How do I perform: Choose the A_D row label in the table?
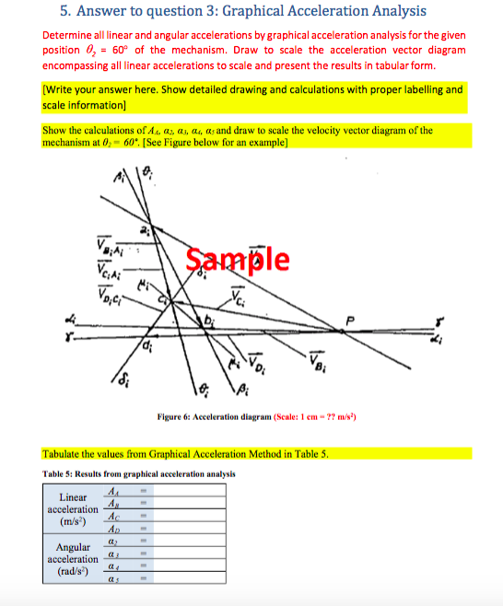click(x=113, y=527)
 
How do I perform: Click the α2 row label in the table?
click(x=113, y=540)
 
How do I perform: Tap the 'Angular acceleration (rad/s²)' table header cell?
click(x=73, y=559)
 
